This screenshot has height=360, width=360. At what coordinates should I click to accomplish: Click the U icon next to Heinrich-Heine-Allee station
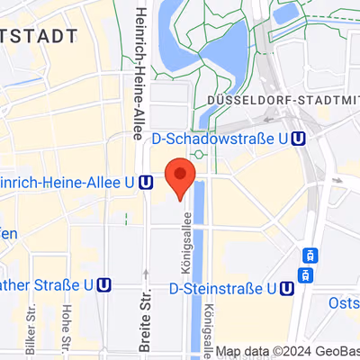pos(146,182)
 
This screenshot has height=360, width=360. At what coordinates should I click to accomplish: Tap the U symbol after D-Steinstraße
pos(286,290)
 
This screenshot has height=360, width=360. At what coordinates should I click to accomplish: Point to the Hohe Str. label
pos(66,326)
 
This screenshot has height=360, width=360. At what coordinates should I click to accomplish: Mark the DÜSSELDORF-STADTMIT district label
pos(282,98)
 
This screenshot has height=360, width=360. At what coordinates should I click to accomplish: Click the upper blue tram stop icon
pos(309,254)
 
